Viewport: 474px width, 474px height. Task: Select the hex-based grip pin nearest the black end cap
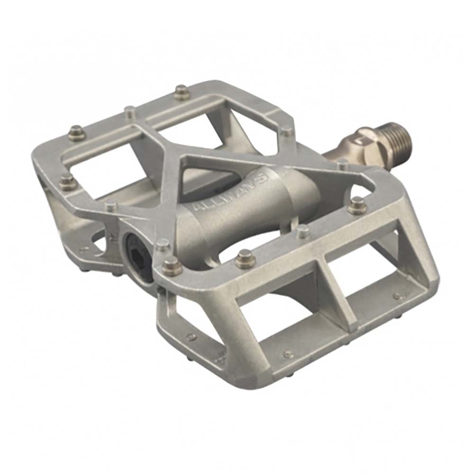pos(172,265)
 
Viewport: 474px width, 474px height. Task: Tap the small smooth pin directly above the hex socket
pos(163,244)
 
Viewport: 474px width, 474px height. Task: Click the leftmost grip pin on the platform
pos(67,181)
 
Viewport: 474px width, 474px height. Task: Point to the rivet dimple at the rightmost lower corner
pos(398,297)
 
